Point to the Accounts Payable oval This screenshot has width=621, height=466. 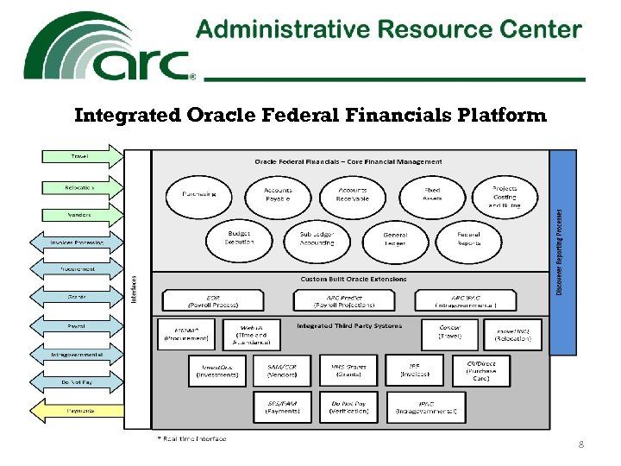[278, 194]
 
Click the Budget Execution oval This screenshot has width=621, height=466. [240, 239]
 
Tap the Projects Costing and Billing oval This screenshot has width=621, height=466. [505, 197]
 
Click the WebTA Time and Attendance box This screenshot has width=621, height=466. [249, 334]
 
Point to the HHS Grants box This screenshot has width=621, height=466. [348, 370]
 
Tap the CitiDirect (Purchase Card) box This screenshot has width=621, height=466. [486, 370]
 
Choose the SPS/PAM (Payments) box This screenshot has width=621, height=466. [282, 406]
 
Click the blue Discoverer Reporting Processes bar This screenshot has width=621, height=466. [561, 253]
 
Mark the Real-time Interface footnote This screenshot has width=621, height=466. [191, 439]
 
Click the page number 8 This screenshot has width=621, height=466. [581, 444]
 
